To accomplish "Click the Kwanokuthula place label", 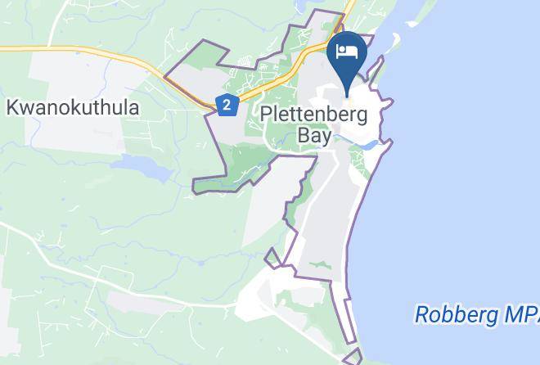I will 73,107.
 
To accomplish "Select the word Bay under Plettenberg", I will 314,135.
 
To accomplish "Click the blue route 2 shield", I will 227,105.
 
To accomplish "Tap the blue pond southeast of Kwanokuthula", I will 143,168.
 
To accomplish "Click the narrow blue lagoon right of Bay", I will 367,146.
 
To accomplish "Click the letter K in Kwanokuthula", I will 12,107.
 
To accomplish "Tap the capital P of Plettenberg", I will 266,114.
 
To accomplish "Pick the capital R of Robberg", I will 422,313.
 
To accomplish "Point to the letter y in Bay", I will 326,137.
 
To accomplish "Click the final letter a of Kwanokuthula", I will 133,107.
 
